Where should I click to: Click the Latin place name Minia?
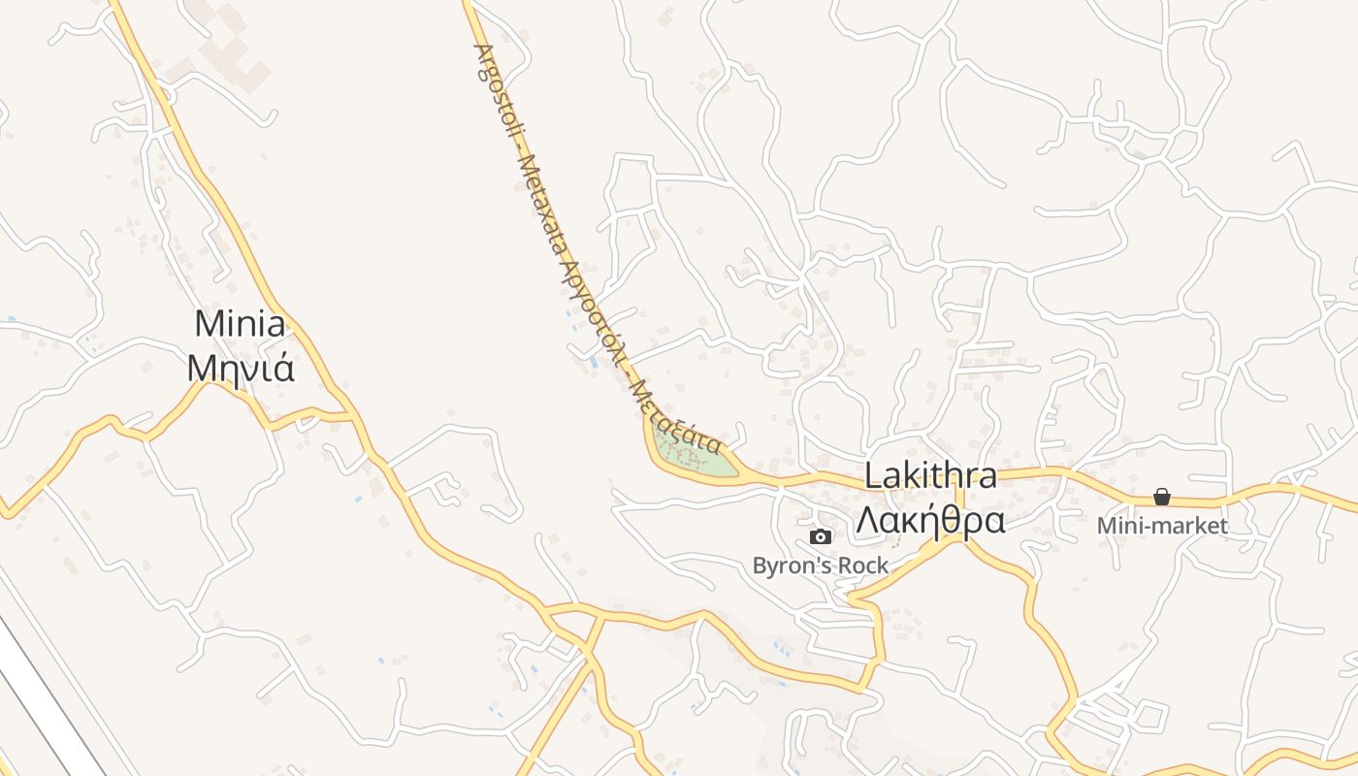coord(240,324)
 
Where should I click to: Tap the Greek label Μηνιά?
coord(240,368)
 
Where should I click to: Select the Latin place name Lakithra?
coord(929,476)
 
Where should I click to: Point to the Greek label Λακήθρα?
coord(929,521)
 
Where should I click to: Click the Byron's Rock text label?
coord(820,566)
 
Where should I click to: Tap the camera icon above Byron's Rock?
coord(821,536)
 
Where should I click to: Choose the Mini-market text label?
coord(1162,526)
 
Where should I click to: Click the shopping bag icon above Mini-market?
coord(1162,498)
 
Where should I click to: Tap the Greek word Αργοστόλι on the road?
coord(593,309)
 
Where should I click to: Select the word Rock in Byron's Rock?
coord(862,566)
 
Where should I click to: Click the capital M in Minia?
coord(207,324)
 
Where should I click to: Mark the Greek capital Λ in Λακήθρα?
coord(865,521)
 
